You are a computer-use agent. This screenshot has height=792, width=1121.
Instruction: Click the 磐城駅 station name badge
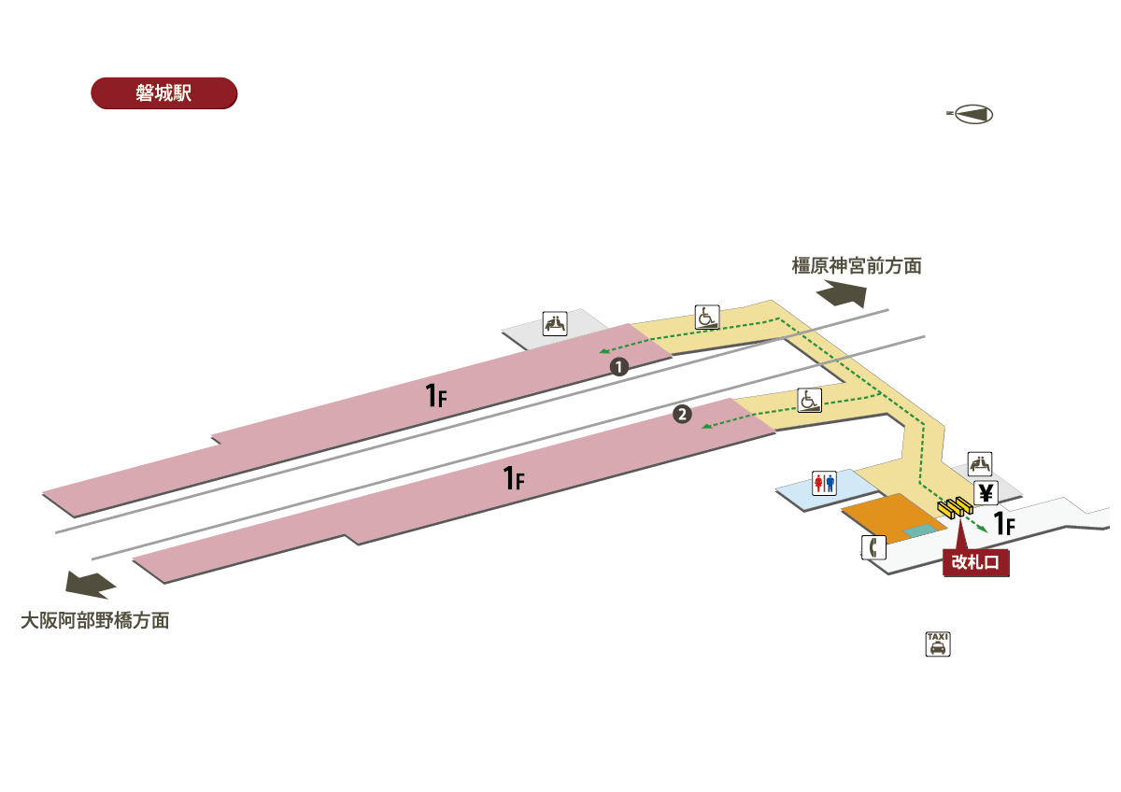click(x=163, y=93)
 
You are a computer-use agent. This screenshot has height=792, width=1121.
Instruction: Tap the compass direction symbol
click(x=971, y=114)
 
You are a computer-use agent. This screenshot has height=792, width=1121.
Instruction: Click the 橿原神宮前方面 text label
click(x=857, y=266)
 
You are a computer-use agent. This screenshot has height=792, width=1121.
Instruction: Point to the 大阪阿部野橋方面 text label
click(x=95, y=620)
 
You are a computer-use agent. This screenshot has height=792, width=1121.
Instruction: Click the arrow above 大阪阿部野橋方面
click(x=91, y=585)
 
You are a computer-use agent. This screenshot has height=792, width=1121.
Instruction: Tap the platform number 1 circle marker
click(x=617, y=367)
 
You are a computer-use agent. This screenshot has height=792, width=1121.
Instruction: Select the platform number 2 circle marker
click(x=683, y=415)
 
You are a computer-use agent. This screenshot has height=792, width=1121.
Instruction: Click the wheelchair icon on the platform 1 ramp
click(x=707, y=318)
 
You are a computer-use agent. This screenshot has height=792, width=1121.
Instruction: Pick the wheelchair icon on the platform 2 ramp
click(x=809, y=400)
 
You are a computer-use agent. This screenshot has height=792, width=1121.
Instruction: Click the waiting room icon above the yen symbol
click(x=980, y=463)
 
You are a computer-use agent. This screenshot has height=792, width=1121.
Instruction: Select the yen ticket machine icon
click(x=985, y=493)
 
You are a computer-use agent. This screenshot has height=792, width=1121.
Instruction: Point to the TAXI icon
click(x=937, y=643)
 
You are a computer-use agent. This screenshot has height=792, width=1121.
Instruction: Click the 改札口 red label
click(x=977, y=562)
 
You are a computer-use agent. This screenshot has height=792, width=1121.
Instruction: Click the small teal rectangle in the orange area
click(x=918, y=530)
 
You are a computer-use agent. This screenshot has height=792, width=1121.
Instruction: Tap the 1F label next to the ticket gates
click(x=1004, y=524)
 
